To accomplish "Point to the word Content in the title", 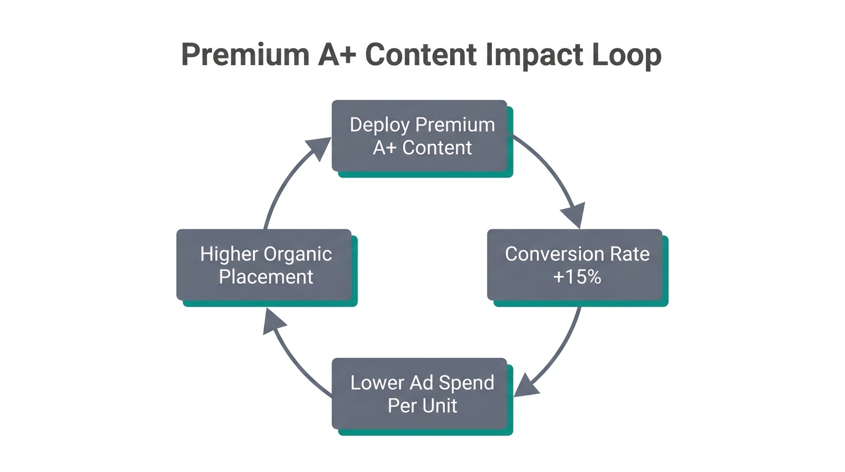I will coord(421,55).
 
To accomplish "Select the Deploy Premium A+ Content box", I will coord(420,136).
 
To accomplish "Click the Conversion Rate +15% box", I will coord(575,265).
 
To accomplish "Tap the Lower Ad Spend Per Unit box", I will coord(420,394).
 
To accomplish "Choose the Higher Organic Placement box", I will coord(265,265).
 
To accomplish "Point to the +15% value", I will coord(577,277).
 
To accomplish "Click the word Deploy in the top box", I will coord(380,125).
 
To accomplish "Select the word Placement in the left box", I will coord(266,277).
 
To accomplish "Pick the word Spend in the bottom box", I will coord(470,383).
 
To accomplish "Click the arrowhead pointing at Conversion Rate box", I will coord(574,217).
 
